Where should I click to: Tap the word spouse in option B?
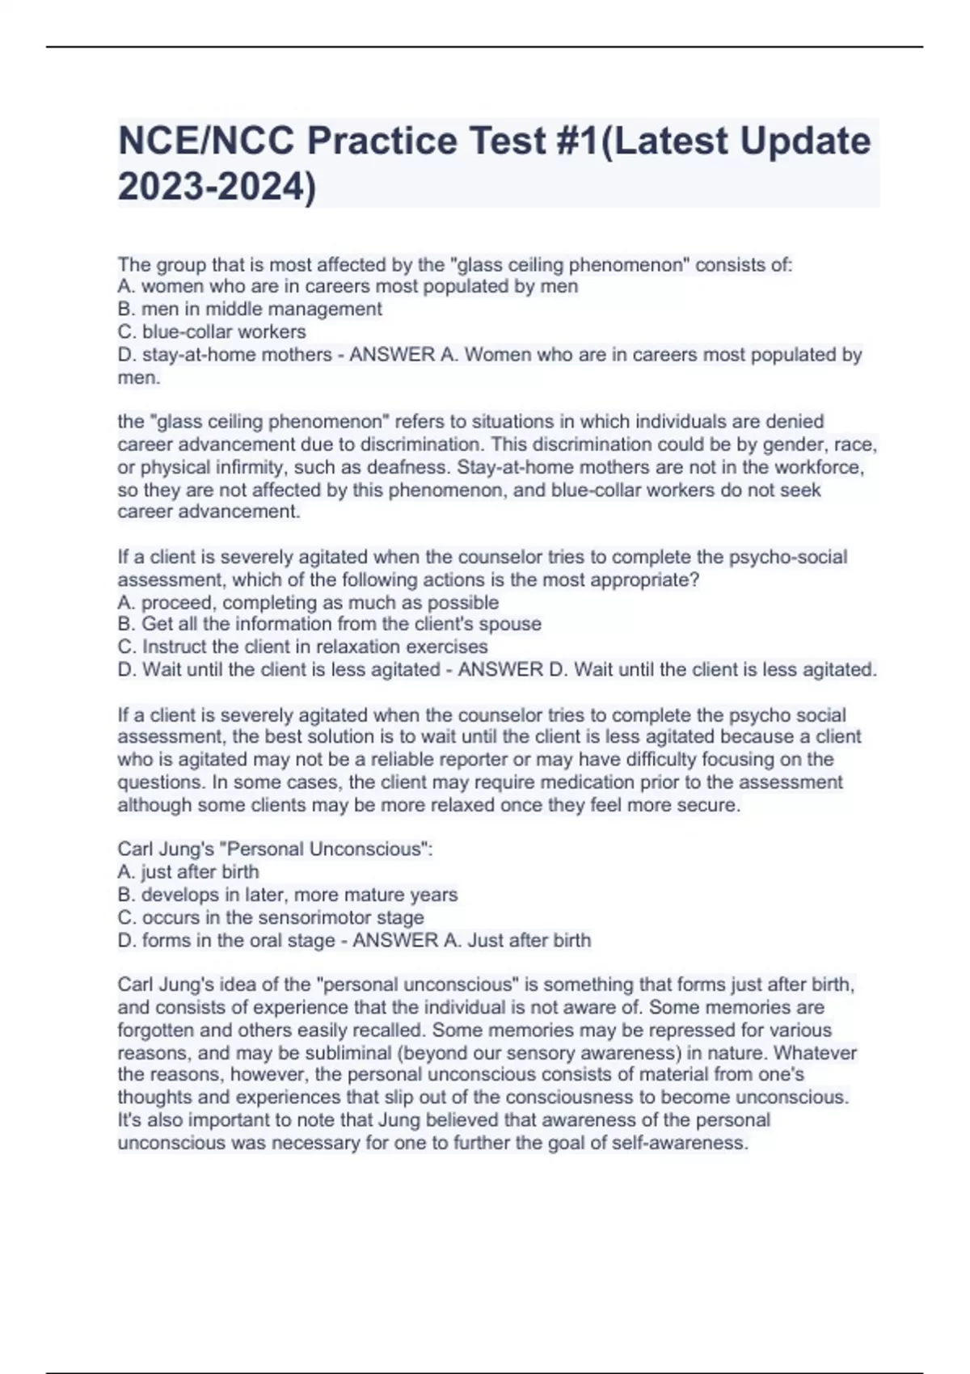(509, 624)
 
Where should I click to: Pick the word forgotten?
(156, 1030)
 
